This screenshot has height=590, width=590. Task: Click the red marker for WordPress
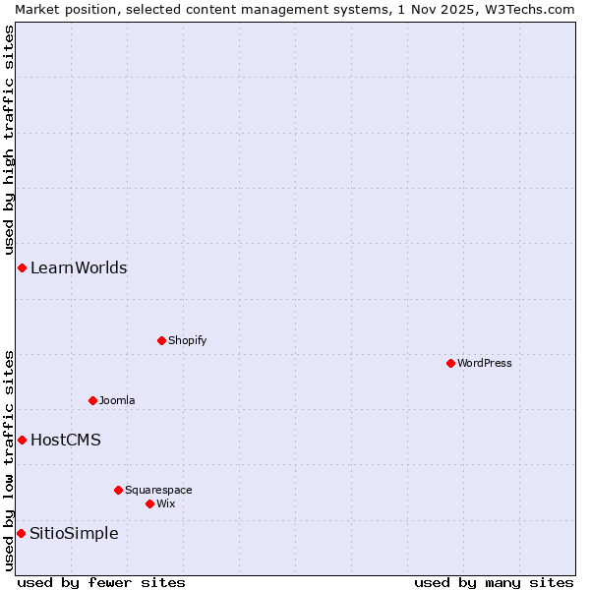(450, 363)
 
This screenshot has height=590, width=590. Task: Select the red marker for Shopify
(161, 340)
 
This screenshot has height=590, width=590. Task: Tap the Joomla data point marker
(92, 400)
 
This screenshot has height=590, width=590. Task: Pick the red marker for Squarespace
(118, 490)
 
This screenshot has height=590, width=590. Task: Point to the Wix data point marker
(149, 503)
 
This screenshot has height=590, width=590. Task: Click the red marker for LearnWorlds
(22, 267)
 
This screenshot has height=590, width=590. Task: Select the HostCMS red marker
(22, 440)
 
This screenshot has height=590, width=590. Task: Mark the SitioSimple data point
(21, 533)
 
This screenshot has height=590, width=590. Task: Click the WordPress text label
(485, 363)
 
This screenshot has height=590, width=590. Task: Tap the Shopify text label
(187, 340)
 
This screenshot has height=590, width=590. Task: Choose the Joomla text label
(117, 400)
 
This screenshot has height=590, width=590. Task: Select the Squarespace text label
(158, 490)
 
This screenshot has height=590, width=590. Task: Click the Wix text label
(166, 503)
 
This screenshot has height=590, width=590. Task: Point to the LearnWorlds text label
(79, 267)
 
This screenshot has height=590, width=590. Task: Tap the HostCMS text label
(66, 440)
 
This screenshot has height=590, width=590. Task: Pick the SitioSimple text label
(74, 533)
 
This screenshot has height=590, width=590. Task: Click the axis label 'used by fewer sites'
(101, 582)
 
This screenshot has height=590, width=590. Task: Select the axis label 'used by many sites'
(494, 582)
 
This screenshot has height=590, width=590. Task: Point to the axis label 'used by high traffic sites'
(9, 141)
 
